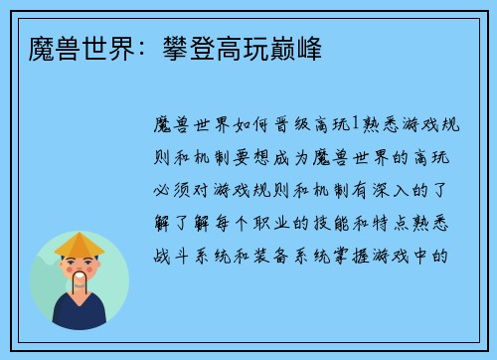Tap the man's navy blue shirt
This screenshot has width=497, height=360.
[x=80, y=314]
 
